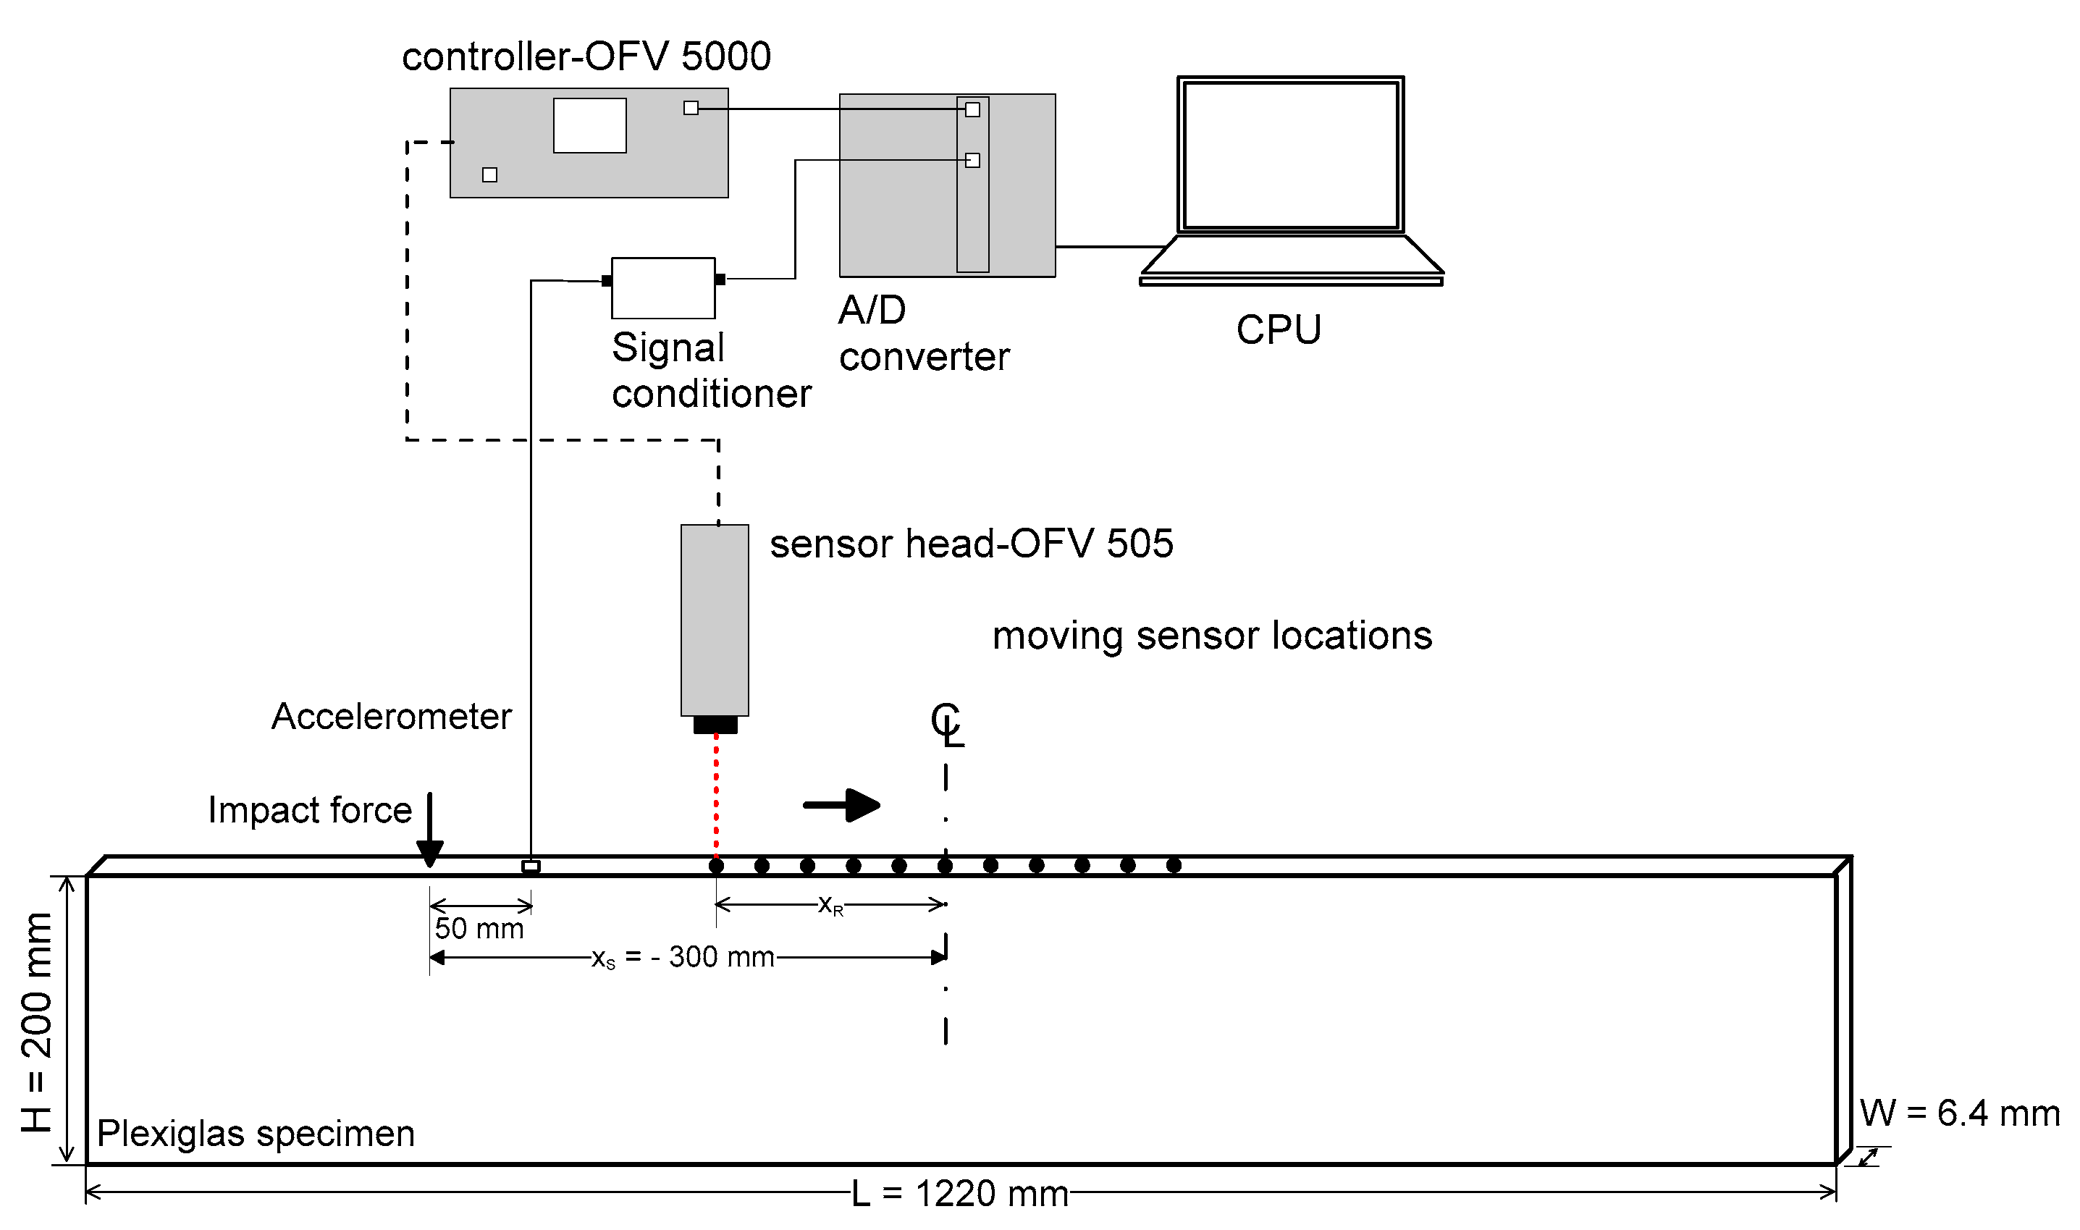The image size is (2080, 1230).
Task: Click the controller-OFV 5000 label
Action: point(586,57)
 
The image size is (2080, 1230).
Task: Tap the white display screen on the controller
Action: point(589,126)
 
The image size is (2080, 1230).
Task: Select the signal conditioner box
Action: point(663,287)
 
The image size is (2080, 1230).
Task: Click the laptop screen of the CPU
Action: point(1290,154)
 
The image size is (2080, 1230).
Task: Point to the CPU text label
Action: point(1278,330)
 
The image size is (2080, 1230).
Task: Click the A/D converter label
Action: point(922,333)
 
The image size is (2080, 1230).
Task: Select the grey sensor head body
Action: point(715,620)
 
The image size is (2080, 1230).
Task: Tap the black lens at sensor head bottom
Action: point(715,725)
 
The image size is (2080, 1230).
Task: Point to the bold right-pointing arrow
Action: point(842,805)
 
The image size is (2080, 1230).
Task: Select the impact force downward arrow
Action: point(429,829)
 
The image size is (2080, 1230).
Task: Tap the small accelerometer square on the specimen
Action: point(531,866)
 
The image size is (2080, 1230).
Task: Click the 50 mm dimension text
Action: point(479,928)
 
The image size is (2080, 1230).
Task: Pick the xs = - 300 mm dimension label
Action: point(683,957)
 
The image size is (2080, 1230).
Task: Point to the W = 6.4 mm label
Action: point(1959,1113)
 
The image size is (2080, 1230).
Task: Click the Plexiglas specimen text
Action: point(256,1133)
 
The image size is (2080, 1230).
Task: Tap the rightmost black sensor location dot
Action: point(1174,865)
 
